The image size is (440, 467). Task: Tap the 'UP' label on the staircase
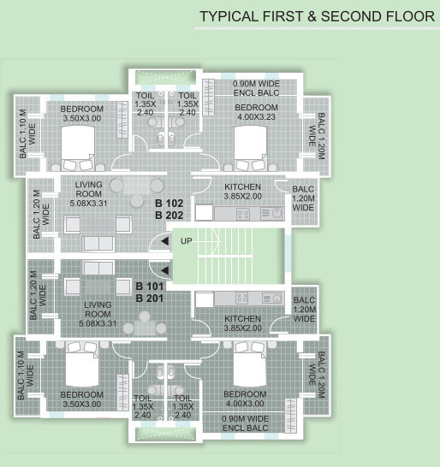point(187,241)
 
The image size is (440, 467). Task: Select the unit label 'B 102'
point(169,204)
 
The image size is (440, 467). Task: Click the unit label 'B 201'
point(151,298)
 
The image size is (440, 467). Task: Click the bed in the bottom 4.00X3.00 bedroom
point(250,364)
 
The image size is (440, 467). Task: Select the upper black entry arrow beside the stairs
point(164,242)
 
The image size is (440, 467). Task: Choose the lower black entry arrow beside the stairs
point(164,272)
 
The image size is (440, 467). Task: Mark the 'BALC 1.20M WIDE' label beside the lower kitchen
point(304,310)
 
